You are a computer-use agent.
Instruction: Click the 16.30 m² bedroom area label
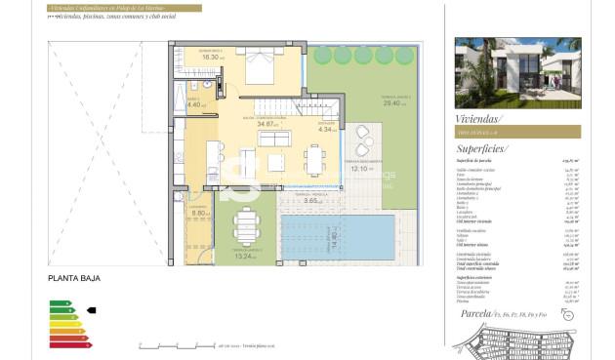click(x=209, y=57)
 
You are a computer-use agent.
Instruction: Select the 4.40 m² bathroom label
click(x=192, y=104)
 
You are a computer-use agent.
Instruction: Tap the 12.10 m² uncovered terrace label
click(x=363, y=168)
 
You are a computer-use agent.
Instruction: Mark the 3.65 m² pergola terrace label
click(x=314, y=199)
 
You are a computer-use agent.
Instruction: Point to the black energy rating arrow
click(x=92, y=309)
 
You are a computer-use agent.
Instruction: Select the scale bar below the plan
click(x=176, y=345)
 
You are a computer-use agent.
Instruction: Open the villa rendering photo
click(x=517, y=72)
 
